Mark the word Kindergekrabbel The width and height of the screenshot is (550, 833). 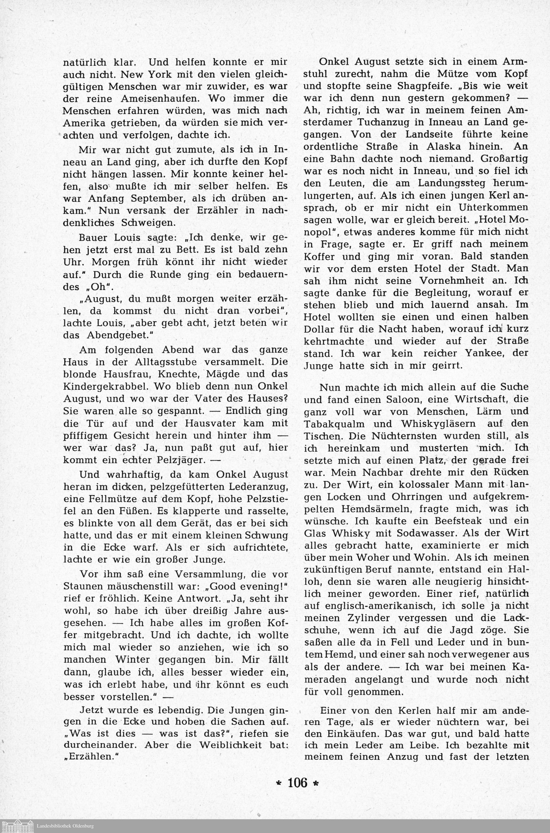(107, 386)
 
